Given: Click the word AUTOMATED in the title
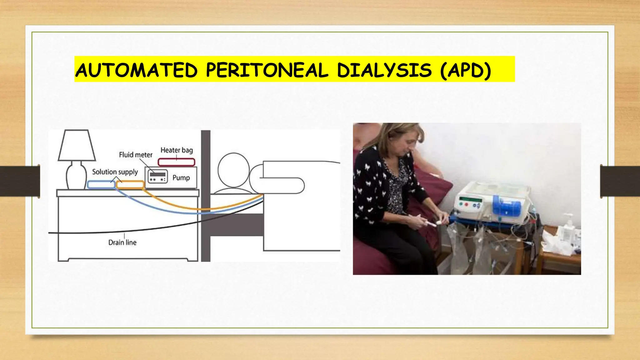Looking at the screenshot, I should [x=137, y=70].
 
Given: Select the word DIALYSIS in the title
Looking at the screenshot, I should [x=384, y=70].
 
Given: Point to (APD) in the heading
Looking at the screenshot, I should [x=466, y=70].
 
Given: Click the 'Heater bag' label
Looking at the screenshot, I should [x=177, y=150].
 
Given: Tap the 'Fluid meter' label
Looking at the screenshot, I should [x=136, y=155].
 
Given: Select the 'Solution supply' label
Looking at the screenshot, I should [x=115, y=172].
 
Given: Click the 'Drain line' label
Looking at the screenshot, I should [x=122, y=242].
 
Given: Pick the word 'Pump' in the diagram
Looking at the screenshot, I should [x=181, y=178].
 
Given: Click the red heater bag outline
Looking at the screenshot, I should [x=177, y=162].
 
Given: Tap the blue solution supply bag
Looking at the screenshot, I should [x=101, y=184].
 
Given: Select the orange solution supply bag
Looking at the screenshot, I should [x=130, y=184].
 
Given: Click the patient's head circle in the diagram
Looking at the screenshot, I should [x=233, y=170].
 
